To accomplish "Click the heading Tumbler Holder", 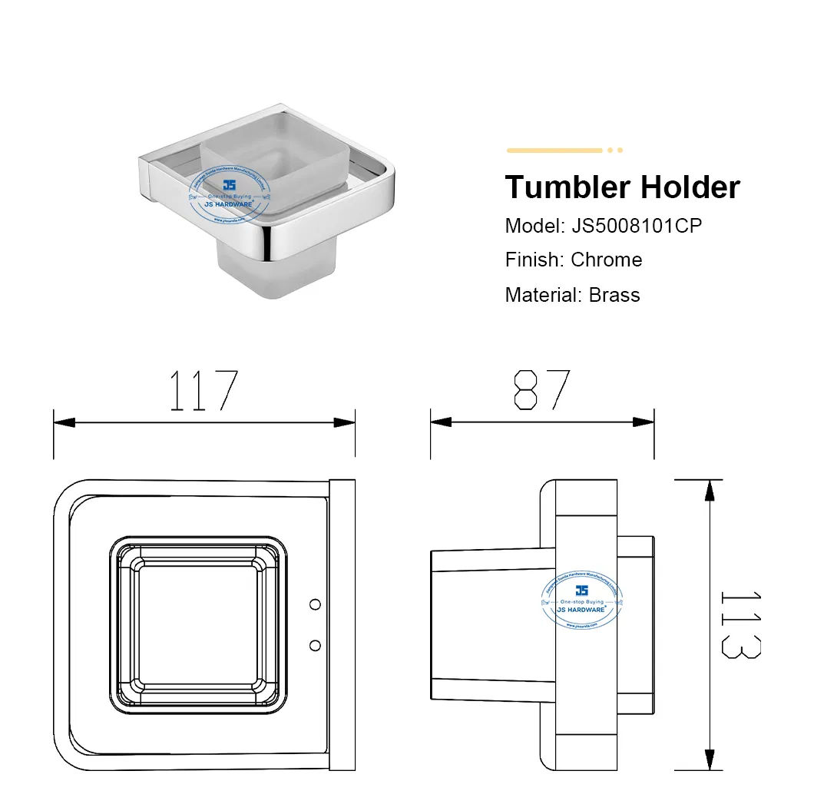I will (x=622, y=187).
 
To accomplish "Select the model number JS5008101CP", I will (x=637, y=226).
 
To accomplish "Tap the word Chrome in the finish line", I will (x=606, y=260).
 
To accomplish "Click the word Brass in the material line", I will (x=614, y=294).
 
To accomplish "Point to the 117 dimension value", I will (x=203, y=391).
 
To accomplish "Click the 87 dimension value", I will (x=542, y=390).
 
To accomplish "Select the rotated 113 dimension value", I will (x=742, y=624).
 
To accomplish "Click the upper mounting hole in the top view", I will (x=314, y=605).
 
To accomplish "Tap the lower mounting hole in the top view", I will (x=314, y=644).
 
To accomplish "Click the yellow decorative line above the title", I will (x=554, y=151).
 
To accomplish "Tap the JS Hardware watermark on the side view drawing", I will (x=582, y=601).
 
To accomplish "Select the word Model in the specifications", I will (x=533, y=226).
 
